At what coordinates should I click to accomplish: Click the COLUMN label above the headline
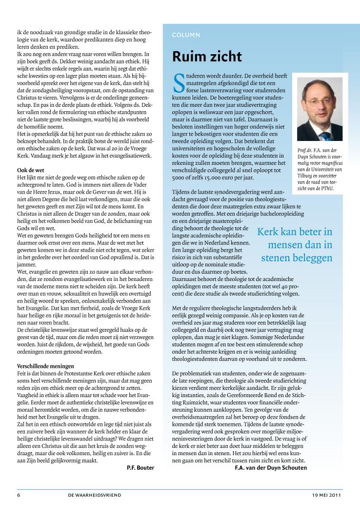[186, 35]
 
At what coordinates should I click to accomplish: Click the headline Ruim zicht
[207, 57]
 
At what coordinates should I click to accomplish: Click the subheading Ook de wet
[31, 170]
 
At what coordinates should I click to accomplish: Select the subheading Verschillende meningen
[45, 352]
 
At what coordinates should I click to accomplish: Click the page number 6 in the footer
[19, 495]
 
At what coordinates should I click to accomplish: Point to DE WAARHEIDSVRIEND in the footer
[95, 495]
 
